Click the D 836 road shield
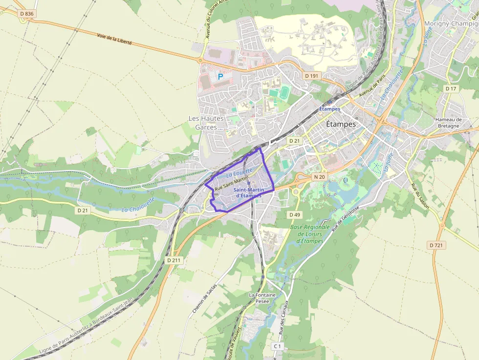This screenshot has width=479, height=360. point(27,14)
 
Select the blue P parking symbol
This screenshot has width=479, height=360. point(220,77)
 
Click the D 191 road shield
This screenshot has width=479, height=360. point(311,76)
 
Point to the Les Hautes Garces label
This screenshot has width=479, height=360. point(206,123)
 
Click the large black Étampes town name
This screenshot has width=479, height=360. point(341,124)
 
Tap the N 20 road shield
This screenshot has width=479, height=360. point(319,177)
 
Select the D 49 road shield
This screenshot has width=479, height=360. point(294,214)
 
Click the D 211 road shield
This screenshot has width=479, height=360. point(174,260)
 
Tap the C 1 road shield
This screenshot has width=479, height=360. point(278,346)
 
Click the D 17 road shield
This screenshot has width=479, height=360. point(451,88)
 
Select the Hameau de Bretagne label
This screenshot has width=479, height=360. point(448,123)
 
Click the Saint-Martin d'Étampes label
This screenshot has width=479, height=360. point(249,192)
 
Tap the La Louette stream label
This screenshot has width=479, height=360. point(239,172)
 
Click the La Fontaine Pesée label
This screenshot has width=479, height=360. point(262,298)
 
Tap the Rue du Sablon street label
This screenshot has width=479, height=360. point(419,196)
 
